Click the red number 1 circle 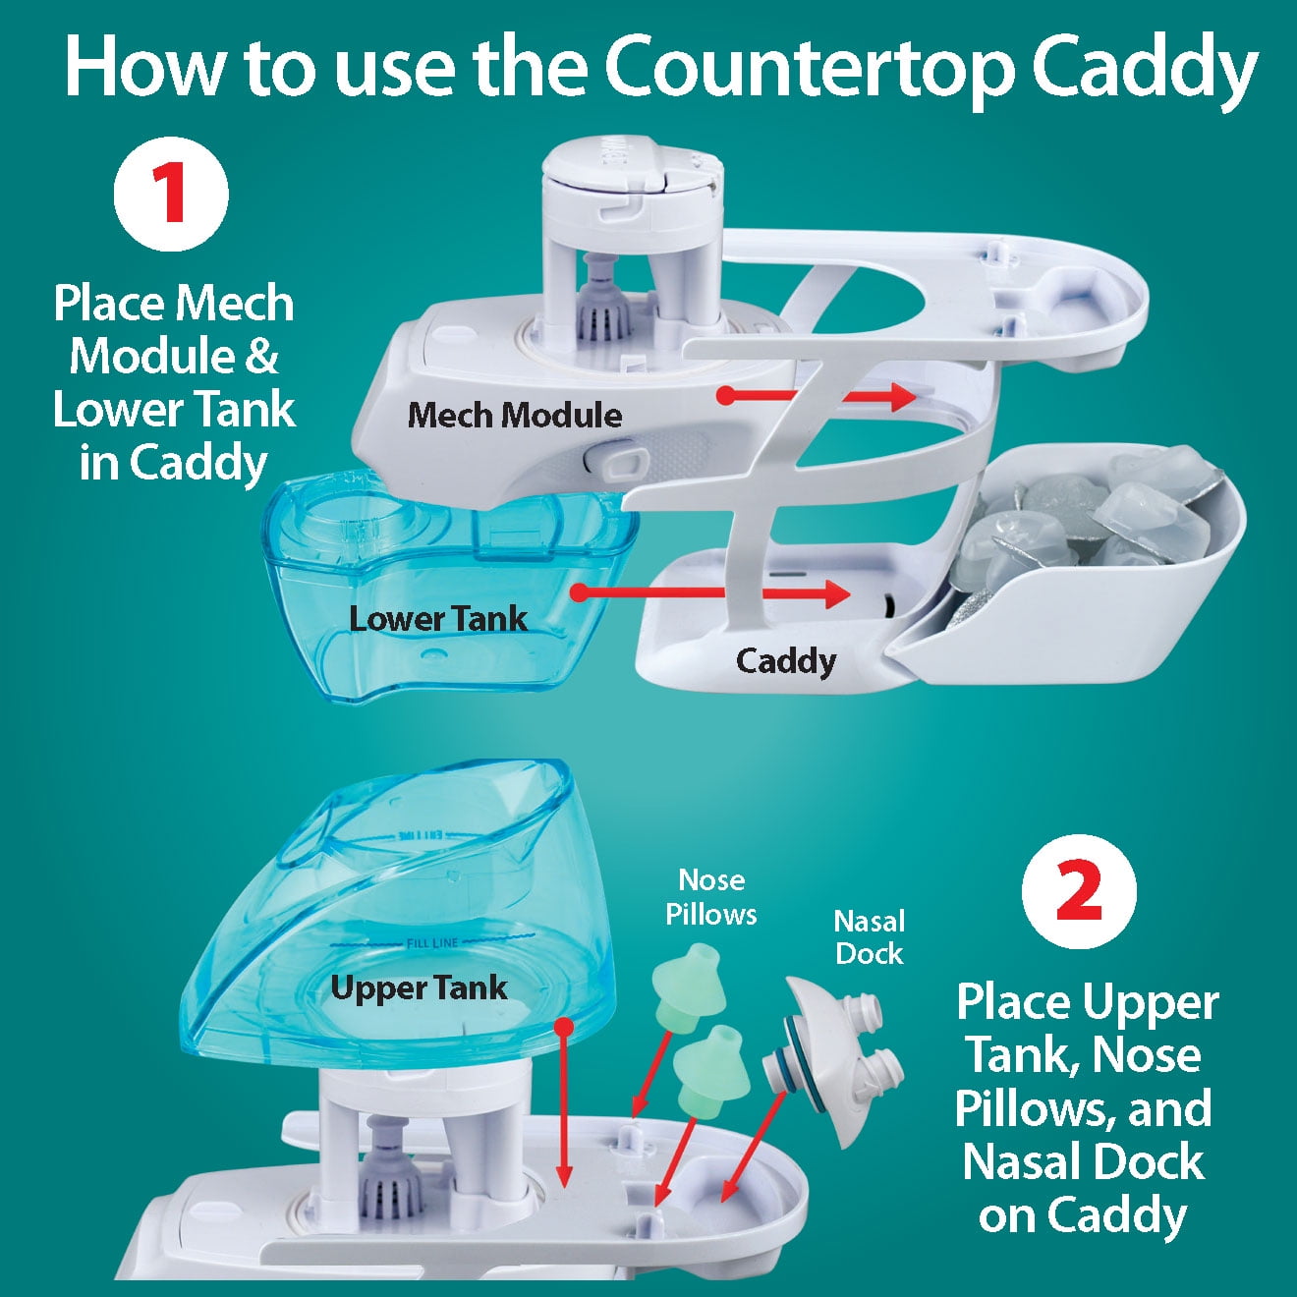[x=171, y=194]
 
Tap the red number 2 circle [x=1079, y=892]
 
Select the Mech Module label [x=515, y=415]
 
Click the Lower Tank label [x=438, y=619]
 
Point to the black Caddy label [x=785, y=662]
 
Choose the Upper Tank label [x=419, y=988]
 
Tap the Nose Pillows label [x=711, y=897]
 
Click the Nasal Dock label [x=869, y=937]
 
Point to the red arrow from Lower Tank [x=711, y=593]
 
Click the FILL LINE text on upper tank [x=432, y=943]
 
